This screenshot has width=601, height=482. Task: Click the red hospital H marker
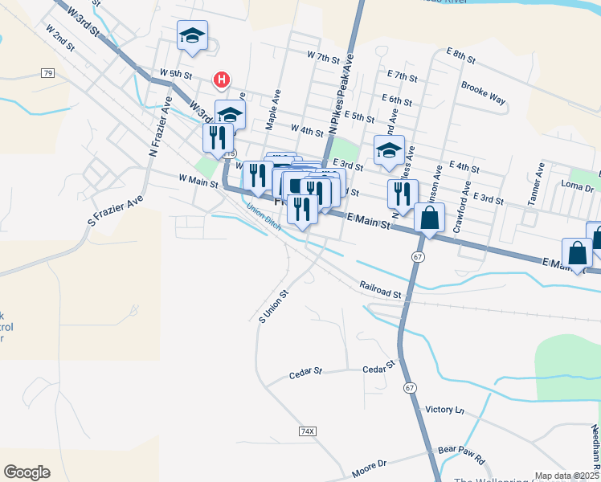coord(221,80)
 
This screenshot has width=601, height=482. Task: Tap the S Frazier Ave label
coord(115,210)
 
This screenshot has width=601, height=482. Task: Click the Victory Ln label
coord(445,410)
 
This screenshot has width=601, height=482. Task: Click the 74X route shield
coord(307,431)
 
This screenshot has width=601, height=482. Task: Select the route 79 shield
coord(48,73)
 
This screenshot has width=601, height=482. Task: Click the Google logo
coord(27,472)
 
